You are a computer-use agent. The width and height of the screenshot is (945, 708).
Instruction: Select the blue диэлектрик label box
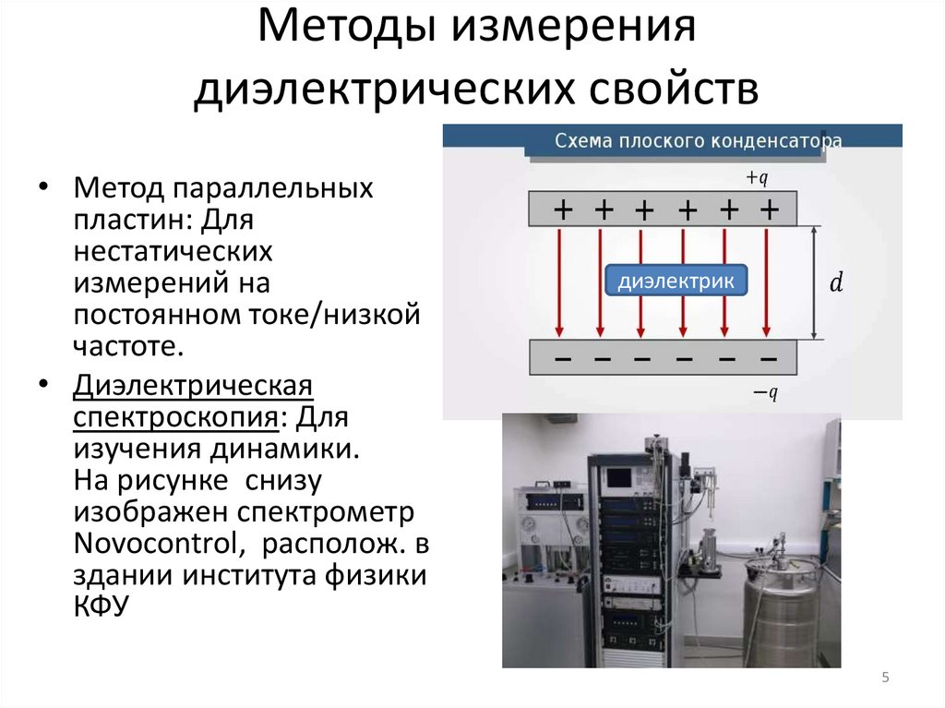point(676,282)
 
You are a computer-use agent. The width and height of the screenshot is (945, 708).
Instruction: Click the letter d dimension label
point(836,283)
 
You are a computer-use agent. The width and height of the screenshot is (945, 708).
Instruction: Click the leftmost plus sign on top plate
point(562,210)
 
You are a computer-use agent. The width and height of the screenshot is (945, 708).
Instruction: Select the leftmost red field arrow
point(558,282)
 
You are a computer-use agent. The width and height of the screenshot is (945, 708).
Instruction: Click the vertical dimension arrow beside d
point(814,283)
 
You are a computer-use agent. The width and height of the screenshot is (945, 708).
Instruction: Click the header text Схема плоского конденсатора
point(697,141)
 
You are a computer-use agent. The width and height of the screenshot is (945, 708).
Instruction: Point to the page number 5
point(885,678)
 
